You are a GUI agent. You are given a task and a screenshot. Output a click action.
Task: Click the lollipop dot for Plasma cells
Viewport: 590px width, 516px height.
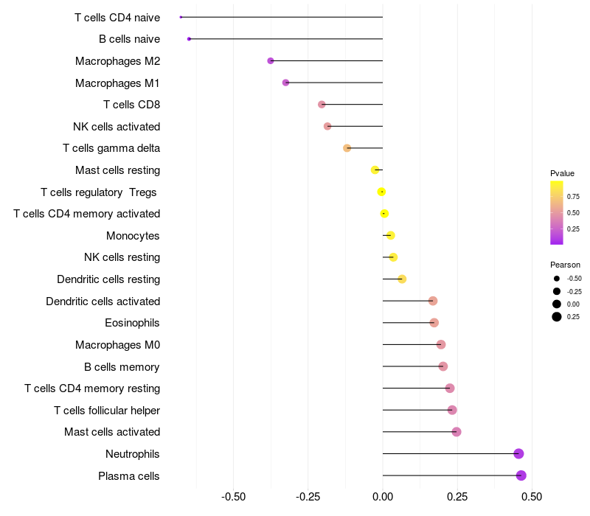pyautogui.click(x=521, y=475)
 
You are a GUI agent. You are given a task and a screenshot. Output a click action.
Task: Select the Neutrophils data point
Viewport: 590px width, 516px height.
pyautogui.click(x=518, y=453)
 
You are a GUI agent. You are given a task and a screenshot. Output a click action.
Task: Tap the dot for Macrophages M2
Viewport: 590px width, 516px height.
pyautogui.click(x=271, y=60)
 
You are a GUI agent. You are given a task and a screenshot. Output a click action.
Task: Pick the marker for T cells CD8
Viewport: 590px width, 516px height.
pyautogui.click(x=322, y=105)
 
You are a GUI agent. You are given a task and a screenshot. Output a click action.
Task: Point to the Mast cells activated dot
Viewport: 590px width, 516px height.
pyautogui.click(x=457, y=432)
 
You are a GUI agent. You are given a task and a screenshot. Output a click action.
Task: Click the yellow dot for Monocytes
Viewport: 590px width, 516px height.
pyautogui.click(x=390, y=235)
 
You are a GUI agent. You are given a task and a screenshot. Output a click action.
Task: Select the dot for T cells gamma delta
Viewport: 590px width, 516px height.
pyautogui.click(x=347, y=148)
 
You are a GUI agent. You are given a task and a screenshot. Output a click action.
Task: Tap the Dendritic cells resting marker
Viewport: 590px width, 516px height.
pyautogui.click(x=402, y=279)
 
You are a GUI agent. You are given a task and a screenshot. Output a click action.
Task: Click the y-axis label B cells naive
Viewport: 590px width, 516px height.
pyautogui.click(x=129, y=39)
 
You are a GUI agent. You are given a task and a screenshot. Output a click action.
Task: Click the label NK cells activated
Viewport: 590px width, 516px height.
pyautogui.click(x=117, y=127)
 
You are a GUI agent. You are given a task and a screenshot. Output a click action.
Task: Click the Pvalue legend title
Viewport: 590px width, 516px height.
pyautogui.click(x=562, y=173)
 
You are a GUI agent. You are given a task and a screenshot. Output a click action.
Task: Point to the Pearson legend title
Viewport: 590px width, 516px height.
pyautogui.click(x=565, y=265)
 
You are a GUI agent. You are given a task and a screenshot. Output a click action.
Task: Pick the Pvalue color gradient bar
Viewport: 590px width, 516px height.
pyautogui.click(x=557, y=212)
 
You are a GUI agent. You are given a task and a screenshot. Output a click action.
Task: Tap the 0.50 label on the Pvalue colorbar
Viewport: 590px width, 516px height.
pyautogui.click(x=573, y=213)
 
